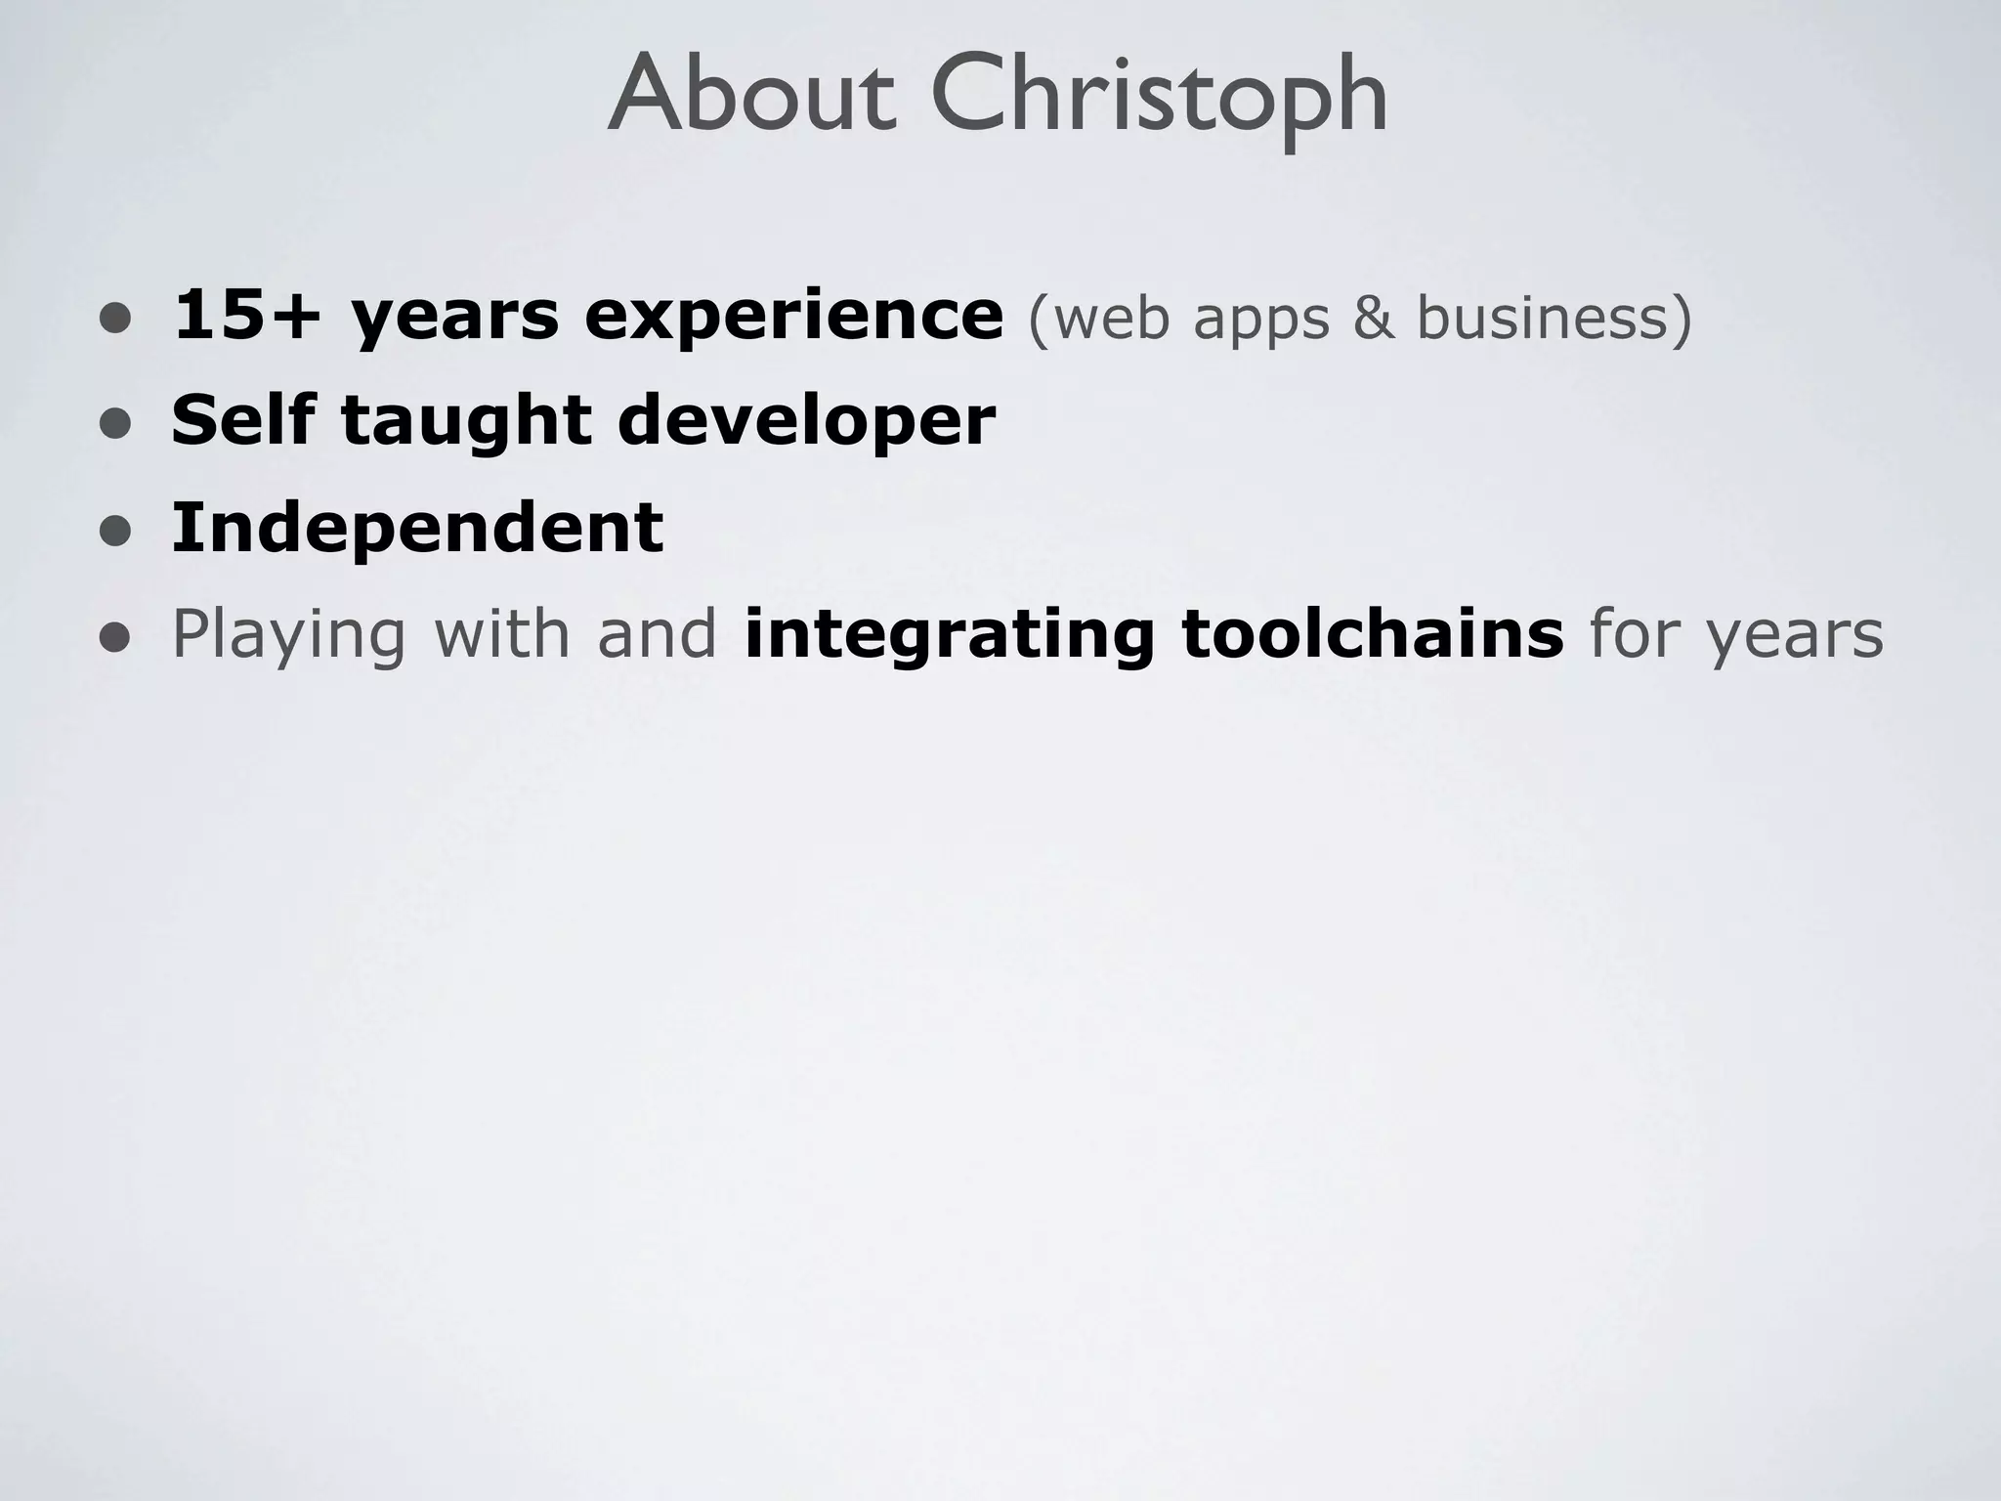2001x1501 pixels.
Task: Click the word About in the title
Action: [750, 96]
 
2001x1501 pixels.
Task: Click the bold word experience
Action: [793, 318]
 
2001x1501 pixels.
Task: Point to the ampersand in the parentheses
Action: [1373, 318]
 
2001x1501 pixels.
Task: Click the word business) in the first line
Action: [1554, 318]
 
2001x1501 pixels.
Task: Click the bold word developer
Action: [806, 423]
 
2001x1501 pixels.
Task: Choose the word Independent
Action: [417, 528]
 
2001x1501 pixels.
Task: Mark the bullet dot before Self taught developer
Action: [115, 424]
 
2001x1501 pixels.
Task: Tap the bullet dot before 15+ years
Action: [115, 319]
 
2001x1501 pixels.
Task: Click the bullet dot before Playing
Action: [115, 637]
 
